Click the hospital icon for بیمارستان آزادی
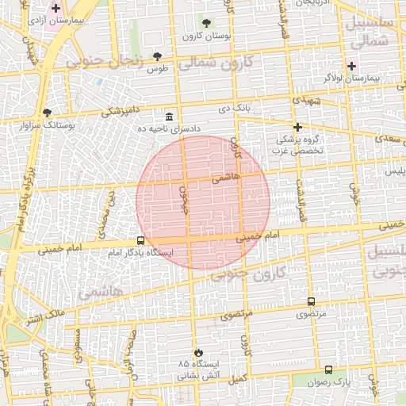pyautogui.click(x=56, y=9)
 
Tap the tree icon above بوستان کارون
pyautogui.click(x=207, y=23)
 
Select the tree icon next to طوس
pyautogui.click(x=157, y=56)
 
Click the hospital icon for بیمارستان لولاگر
pyautogui.click(x=351, y=66)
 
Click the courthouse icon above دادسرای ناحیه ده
pyautogui.click(x=170, y=117)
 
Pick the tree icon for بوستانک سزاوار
pyautogui.click(x=47, y=113)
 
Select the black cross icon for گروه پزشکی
pyautogui.click(x=297, y=127)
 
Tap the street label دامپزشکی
pyautogui.click(x=122, y=112)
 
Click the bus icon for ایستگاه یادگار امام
pyautogui.click(x=140, y=240)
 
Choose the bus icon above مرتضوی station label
pyautogui.click(x=310, y=302)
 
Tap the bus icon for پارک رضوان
pyautogui.click(x=328, y=370)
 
